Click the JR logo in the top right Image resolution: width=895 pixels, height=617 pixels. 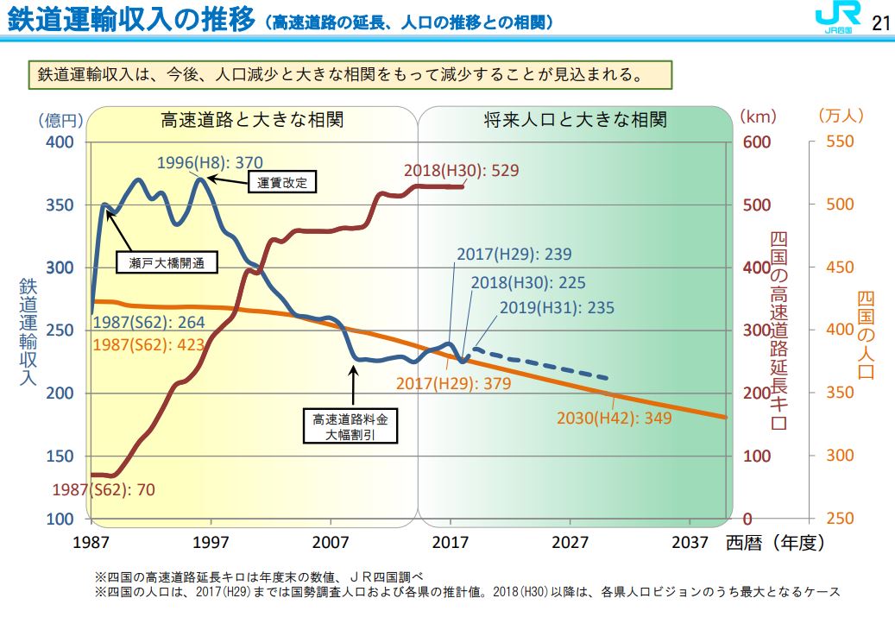(x=835, y=21)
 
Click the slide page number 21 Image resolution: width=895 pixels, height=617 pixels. (x=879, y=23)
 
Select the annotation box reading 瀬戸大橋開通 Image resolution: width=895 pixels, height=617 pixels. (x=166, y=262)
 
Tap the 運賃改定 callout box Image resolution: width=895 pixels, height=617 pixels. (x=282, y=182)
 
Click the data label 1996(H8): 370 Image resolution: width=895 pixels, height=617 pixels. (x=210, y=161)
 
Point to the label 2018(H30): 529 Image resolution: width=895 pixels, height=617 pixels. (x=462, y=170)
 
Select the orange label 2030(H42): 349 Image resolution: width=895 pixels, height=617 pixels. (x=614, y=419)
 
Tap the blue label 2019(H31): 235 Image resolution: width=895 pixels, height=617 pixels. (x=557, y=308)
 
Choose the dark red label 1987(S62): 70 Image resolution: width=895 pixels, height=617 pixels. (x=104, y=489)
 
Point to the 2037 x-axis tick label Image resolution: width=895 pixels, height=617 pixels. (x=690, y=542)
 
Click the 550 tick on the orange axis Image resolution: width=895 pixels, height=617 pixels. (x=840, y=142)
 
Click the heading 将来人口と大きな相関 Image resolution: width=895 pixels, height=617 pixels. (x=575, y=119)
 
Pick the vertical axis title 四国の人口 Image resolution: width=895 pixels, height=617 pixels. (x=866, y=335)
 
